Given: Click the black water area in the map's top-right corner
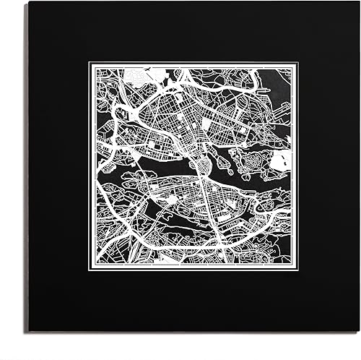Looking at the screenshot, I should coord(278,78).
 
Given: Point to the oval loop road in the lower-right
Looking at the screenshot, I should coord(271,206).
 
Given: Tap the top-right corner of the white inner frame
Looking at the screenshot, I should coord(295,64).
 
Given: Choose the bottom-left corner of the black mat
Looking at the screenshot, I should coord(29,331).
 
